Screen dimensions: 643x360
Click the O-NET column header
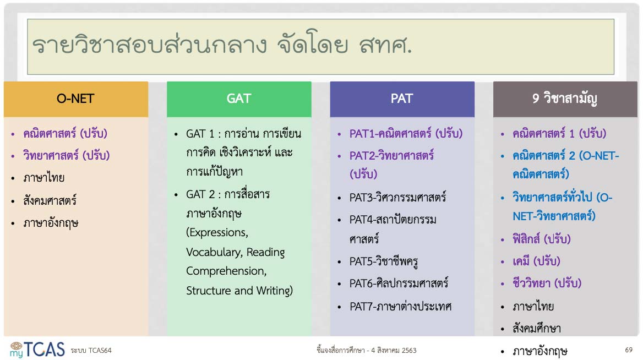[x=76, y=99]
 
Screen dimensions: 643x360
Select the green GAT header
[x=239, y=99]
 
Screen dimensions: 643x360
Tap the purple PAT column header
[x=402, y=99]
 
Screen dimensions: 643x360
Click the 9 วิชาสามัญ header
[x=565, y=99]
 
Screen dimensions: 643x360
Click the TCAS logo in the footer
[x=37, y=350]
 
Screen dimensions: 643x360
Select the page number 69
[x=629, y=350]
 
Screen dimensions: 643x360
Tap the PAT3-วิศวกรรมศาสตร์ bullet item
[x=397, y=197]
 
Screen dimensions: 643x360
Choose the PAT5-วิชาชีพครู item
[x=383, y=261]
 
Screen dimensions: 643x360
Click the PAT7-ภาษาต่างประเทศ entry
[x=400, y=306]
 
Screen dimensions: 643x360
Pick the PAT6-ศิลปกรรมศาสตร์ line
[x=399, y=283]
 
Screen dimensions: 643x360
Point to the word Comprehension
[x=226, y=271]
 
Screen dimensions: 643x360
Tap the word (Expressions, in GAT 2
[x=217, y=232]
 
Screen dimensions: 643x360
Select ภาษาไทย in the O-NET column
[x=44, y=178]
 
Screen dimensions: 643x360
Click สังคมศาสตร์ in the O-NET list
[x=50, y=200]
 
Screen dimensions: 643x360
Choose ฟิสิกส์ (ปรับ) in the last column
[x=541, y=239]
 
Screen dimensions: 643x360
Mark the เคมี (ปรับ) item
[x=536, y=261]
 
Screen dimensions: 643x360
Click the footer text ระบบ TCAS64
[x=91, y=351]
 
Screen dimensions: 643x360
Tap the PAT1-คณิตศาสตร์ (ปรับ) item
[x=406, y=133]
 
